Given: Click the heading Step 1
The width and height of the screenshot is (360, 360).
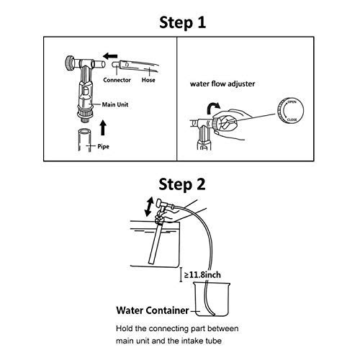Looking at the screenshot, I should pyautogui.click(x=181, y=21).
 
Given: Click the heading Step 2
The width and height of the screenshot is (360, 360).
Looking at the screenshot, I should pyautogui.click(x=181, y=184).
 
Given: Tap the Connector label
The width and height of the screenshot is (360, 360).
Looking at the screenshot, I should pyautogui.click(x=117, y=81).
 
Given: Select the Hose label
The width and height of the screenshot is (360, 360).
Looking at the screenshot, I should pyautogui.click(x=149, y=81).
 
